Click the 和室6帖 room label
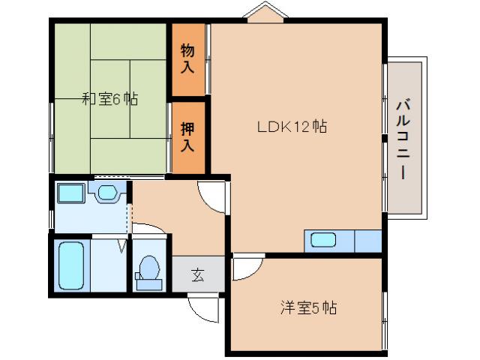click(109, 98)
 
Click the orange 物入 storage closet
click(187, 59)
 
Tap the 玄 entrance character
click(197, 274)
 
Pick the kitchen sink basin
click(324, 241)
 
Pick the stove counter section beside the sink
click(367, 241)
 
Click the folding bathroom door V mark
click(121, 244)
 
